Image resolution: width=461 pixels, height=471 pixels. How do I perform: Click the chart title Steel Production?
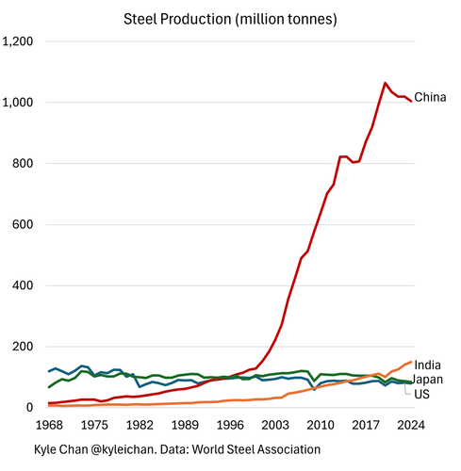click(177, 20)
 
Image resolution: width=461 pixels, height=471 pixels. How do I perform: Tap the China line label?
click(430, 97)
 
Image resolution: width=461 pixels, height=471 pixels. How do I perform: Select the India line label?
click(427, 365)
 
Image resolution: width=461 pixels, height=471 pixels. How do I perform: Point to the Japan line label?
click(427, 380)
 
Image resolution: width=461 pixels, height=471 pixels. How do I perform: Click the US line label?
click(421, 395)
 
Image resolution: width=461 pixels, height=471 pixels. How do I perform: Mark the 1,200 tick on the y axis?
click(18, 41)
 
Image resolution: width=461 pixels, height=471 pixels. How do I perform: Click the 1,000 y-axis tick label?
click(18, 103)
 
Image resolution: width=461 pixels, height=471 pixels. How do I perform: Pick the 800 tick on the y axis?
click(23, 164)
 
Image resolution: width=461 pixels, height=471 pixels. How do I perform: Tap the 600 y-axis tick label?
click(23, 224)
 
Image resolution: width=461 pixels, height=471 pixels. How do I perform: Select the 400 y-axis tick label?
click(23, 285)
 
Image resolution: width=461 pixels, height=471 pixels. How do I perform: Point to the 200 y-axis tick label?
click(23, 347)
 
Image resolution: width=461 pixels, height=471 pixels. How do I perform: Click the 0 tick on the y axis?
click(29, 408)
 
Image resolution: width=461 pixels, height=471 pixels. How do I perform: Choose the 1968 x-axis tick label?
click(49, 426)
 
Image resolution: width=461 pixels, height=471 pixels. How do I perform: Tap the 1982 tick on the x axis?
click(140, 426)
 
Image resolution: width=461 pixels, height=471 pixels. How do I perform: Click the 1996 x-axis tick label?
click(230, 426)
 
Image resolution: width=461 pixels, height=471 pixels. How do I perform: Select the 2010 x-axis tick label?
click(321, 426)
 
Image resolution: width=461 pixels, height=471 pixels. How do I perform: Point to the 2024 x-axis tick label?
click(411, 426)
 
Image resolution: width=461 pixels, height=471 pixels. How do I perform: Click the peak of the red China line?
click(385, 83)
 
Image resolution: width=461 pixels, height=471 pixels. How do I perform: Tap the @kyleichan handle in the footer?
click(123, 449)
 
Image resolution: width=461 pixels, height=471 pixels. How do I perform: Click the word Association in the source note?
click(288, 449)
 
